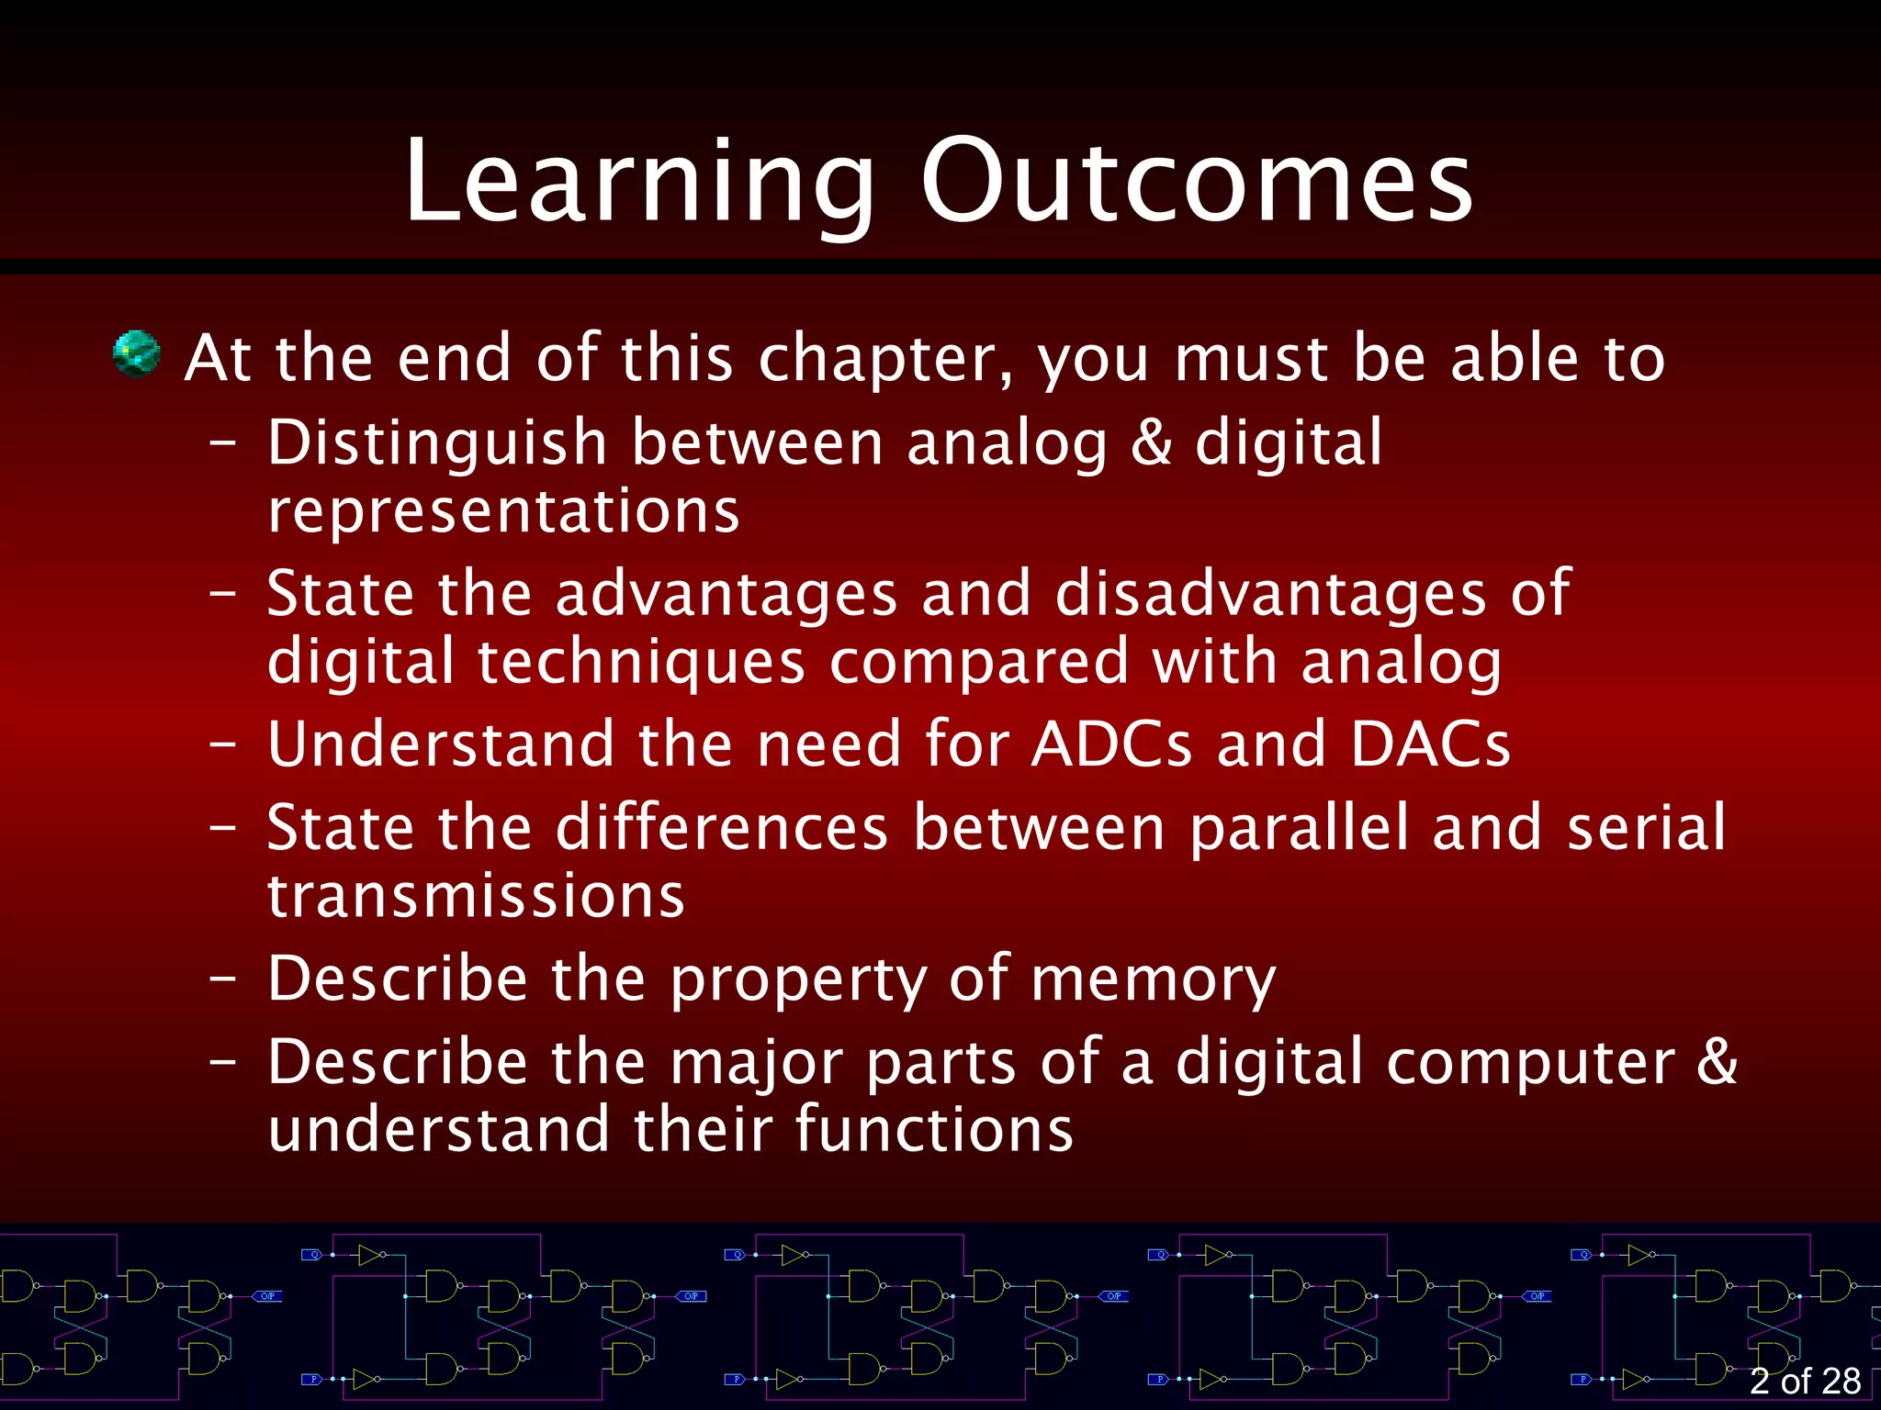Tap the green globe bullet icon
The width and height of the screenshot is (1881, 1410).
[x=136, y=354]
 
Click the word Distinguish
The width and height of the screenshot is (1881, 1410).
[x=437, y=443]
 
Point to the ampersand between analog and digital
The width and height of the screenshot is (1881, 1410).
[x=1151, y=443]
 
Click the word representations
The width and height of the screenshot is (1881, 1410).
[x=503, y=511]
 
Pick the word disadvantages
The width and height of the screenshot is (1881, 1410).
[x=1270, y=594]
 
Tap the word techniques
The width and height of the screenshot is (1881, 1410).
[x=641, y=662]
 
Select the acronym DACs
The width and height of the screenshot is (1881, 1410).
[x=1430, y=744]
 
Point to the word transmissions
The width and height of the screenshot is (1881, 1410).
[x=476, y=896]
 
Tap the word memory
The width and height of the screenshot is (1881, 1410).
[x=1153, y=979]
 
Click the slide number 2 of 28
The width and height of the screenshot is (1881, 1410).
[x=1805, y=1381]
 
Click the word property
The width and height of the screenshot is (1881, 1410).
[x=798, y=979]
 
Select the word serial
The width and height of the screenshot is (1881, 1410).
[x=1646, y=828]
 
